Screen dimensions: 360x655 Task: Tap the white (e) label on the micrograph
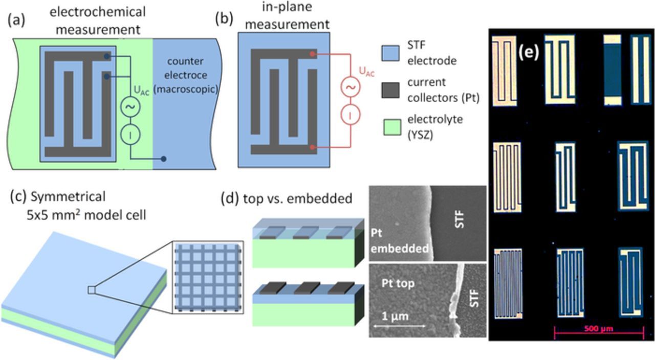click(x=529, y=52)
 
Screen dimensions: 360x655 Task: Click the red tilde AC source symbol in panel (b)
click(x=351, y=87)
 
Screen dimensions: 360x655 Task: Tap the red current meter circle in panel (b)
click(x=351, y=116)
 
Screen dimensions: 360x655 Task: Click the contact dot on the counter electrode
click(x=163, y=159)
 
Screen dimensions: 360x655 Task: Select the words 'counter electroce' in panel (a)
click(x=185, y=67)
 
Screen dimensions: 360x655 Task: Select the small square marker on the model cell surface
click(x=91, y=290)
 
